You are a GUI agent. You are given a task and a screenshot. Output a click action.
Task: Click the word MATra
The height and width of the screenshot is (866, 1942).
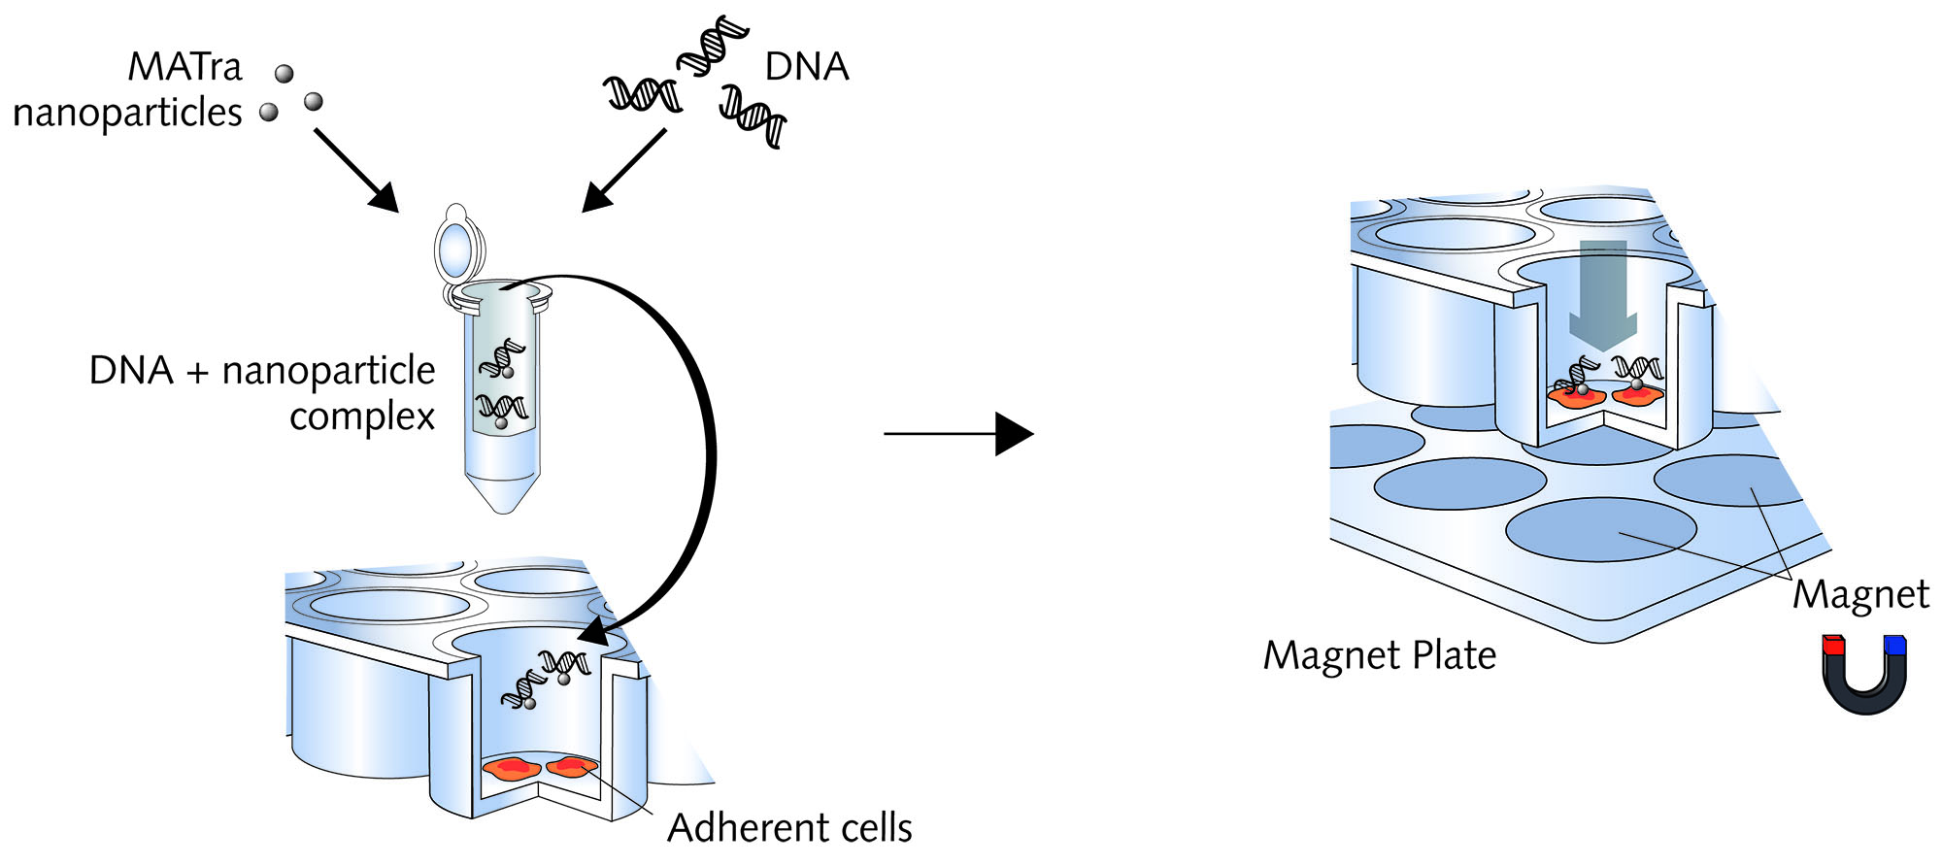pos(184,67)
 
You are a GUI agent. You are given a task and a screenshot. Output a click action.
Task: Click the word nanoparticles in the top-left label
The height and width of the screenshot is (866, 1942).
pos(127,114)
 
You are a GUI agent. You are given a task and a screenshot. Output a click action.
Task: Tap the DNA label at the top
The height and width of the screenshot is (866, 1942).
pos(806,67)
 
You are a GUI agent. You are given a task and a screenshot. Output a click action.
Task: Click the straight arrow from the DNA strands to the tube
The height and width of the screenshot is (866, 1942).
pos(625,170)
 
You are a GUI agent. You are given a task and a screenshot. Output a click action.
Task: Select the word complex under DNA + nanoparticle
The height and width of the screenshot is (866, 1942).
pos(361,417)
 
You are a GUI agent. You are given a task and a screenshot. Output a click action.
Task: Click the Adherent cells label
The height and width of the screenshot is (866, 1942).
pos(789,828)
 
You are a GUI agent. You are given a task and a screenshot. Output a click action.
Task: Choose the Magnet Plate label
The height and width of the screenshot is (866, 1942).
pos(1379,655)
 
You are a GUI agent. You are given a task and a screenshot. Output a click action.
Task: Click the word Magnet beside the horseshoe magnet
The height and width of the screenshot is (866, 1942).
pos(1859,594)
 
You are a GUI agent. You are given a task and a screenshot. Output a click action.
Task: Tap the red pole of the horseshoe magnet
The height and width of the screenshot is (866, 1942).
pos(1832,646)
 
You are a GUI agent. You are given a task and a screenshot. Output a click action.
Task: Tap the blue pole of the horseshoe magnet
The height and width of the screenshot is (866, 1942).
pos(1894,646)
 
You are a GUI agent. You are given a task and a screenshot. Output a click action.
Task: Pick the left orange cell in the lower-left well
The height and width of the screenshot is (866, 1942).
pos(511,769)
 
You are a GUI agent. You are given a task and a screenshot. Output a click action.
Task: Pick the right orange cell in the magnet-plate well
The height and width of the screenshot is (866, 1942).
pos(1637,394)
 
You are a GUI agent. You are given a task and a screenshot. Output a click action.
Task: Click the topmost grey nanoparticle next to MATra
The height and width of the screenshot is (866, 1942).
pos(285,74)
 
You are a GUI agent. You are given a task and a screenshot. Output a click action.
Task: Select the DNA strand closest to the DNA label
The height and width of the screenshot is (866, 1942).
pos(714,46)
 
